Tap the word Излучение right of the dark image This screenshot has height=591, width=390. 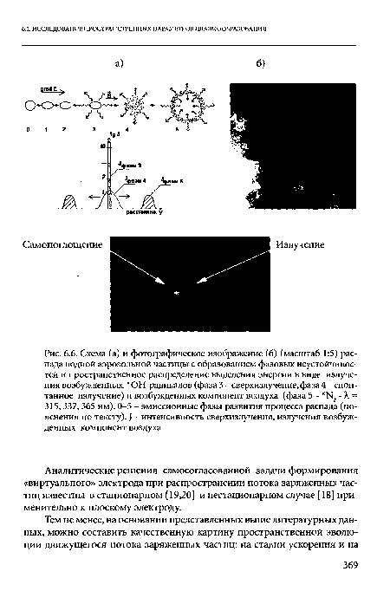click(301, 244)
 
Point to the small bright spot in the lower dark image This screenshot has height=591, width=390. click(178, 294)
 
